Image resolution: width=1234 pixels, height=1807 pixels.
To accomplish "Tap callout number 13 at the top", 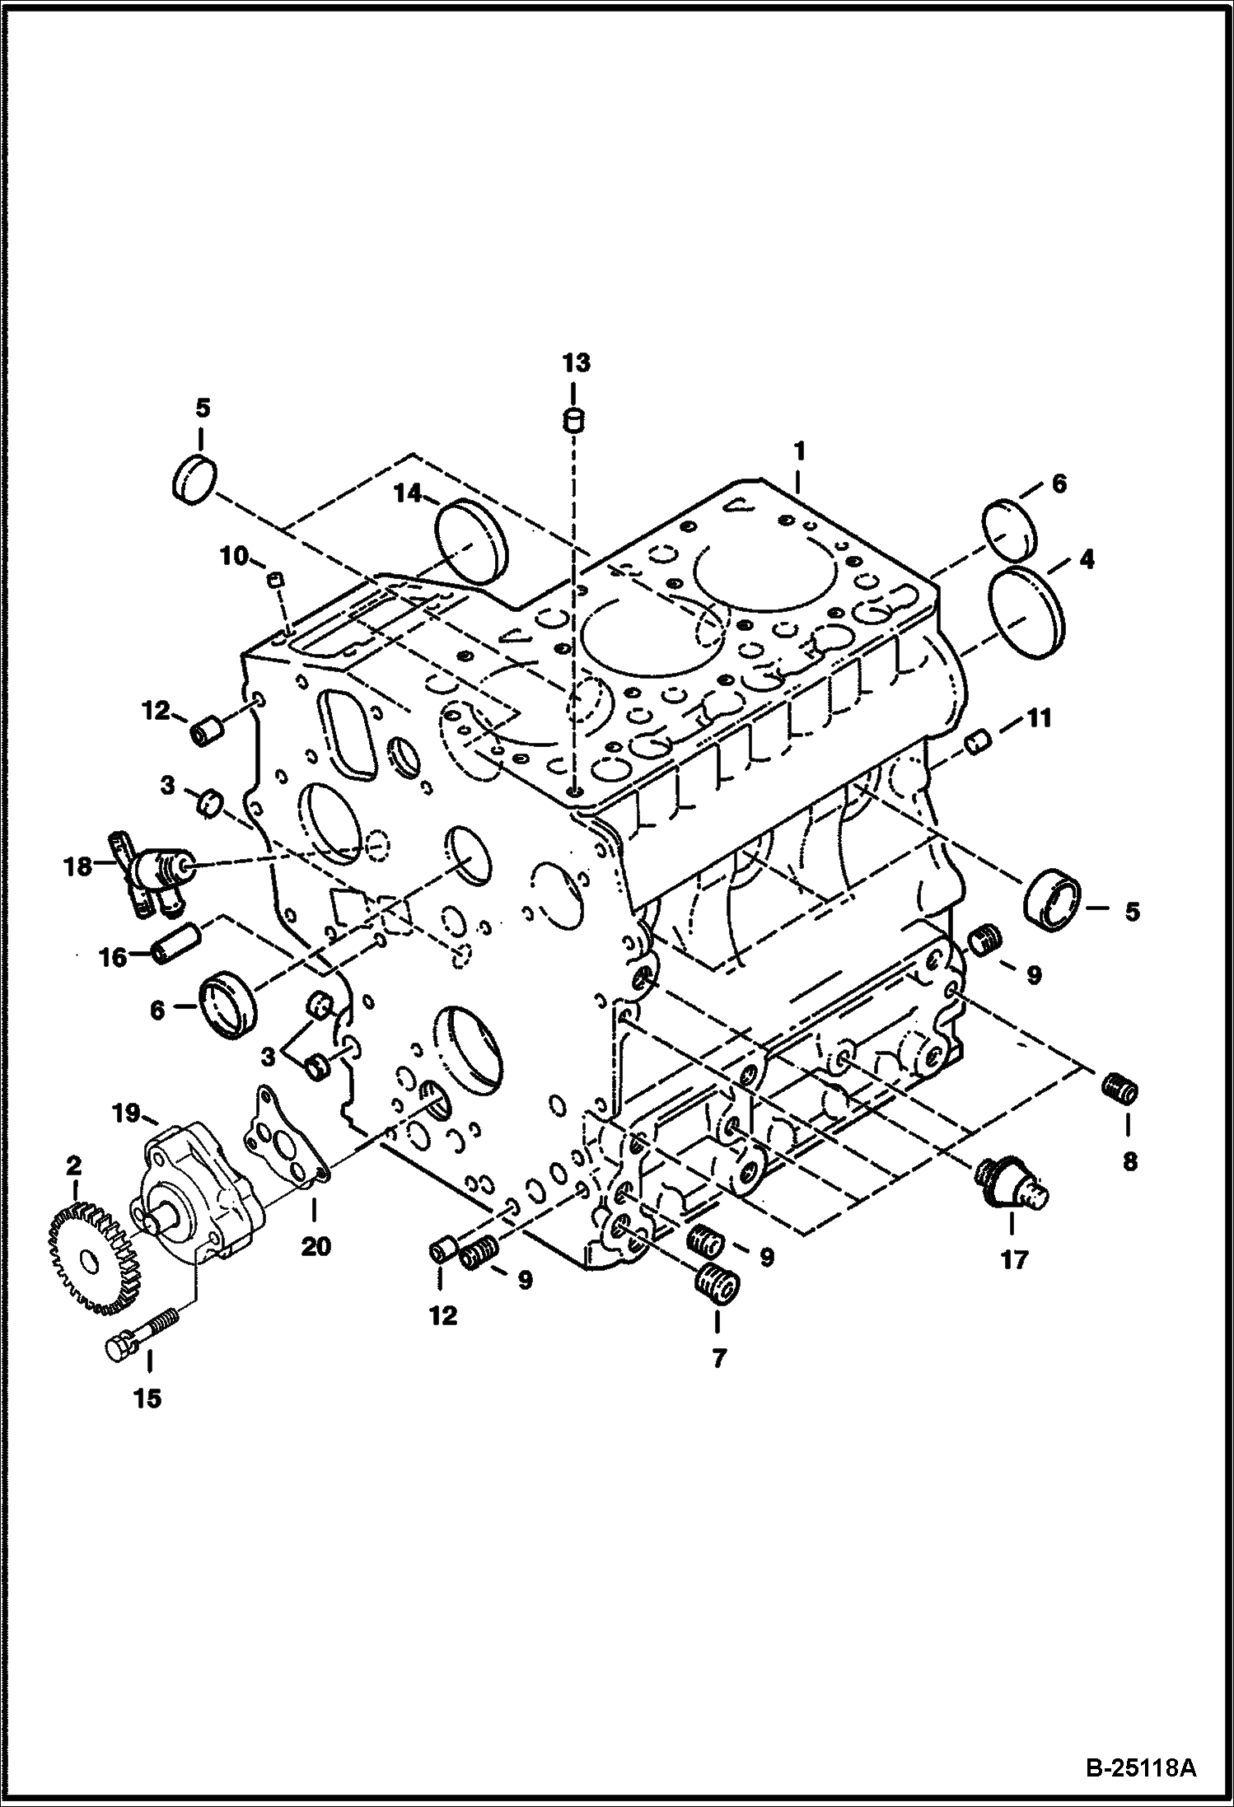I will pos(577,362).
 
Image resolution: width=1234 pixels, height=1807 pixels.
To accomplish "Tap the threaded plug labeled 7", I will pos(717,1285).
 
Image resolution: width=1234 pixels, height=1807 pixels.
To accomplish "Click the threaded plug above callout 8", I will pos(1120,1090).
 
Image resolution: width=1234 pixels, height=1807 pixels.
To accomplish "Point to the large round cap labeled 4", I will pos(1026,612).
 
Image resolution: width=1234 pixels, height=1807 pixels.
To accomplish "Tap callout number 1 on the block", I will pos(798,452).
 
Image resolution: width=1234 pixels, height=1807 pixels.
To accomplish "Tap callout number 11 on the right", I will pos(1039,718).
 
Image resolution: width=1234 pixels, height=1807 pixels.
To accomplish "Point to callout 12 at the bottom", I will pos(443,1315).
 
